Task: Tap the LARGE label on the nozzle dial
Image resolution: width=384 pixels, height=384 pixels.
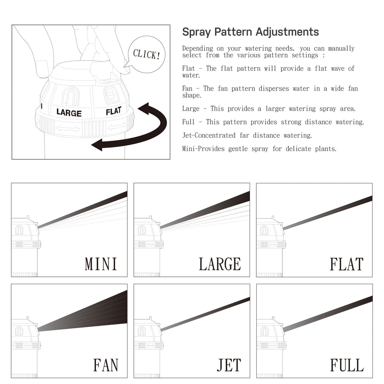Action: click(69, 113)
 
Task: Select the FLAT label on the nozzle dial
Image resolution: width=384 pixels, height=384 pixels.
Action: click(114, 111)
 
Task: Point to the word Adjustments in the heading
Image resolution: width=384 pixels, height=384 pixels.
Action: click(287, 32)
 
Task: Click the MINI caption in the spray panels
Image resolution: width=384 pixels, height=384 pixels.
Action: click(101, 264)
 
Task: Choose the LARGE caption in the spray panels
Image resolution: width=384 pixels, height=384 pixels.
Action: click(220, 264)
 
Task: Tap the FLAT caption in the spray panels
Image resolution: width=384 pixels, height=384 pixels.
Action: click(347, 264)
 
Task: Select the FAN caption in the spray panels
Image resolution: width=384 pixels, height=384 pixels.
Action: click(106, 365)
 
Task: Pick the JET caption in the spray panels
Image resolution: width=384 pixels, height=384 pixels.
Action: click(229, 365)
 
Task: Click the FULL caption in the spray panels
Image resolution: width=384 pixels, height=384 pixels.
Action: click(347, 365)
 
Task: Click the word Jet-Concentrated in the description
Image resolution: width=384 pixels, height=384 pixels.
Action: click(209, 135)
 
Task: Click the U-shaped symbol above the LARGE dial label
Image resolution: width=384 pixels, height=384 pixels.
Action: click(70, 96)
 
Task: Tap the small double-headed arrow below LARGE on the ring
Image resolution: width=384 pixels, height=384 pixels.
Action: click(68, 129)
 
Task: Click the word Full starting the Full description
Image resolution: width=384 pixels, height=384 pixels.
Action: click(188, 122)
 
